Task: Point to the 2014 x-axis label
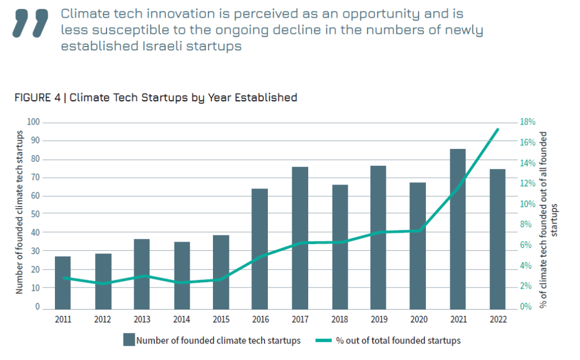tap(181, 319)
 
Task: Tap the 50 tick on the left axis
tap(35, 215)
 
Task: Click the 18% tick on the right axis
tap(528, 122)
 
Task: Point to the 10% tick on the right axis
tap(528, 204)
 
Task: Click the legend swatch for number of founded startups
tap(129, 340)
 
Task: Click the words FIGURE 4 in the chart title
tap(37, 97)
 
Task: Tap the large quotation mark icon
tap(31, 22)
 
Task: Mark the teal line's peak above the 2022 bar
tap(497, 130)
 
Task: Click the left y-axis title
tap(19, 212)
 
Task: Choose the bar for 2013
tap(142, 273)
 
